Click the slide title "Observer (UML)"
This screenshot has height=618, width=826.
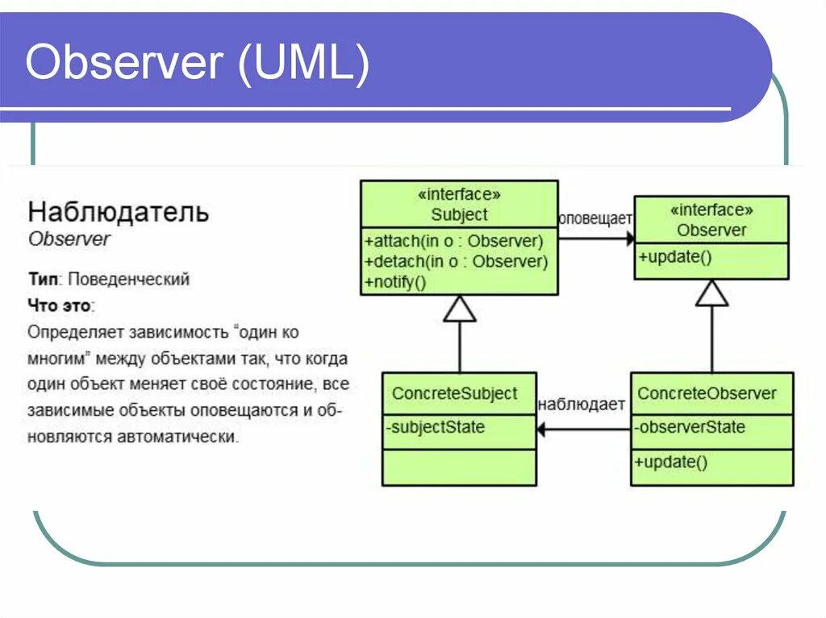tap(198, 64)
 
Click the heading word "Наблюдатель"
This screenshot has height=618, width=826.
tap(119, 213)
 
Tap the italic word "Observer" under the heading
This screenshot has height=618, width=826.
tap(69, 239)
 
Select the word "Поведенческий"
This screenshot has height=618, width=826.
tap(129, 280)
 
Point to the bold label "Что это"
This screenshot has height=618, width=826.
tap(60, 306)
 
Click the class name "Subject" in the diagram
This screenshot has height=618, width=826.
tap(459, 215)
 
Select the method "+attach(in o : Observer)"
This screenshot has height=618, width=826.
tap(454, 241)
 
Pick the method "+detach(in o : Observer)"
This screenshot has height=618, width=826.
tap(456, 261)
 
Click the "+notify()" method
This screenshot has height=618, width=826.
tap(394, 282)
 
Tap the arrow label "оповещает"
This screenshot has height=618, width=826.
tap(596, 218)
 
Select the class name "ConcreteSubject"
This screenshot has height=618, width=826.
tap(454, 393)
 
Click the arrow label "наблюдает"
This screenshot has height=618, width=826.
tap(582, 404)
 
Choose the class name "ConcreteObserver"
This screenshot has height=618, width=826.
tap(707, 393)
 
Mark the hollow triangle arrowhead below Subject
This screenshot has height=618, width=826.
tap(460, 309)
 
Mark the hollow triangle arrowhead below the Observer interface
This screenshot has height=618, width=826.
tap(711, 294)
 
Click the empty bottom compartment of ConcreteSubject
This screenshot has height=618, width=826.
tap(459, 467)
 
